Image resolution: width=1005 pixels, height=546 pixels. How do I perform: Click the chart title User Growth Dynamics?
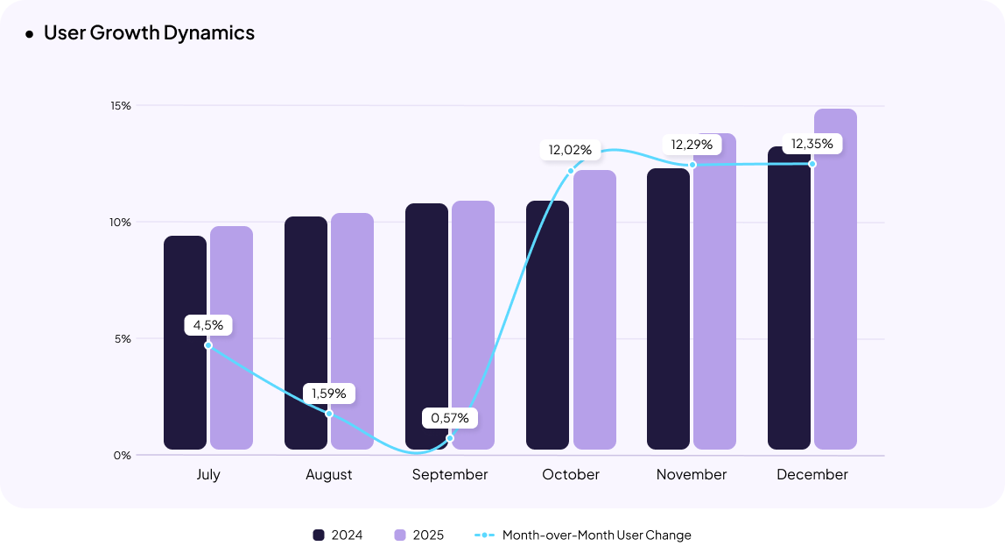(x=149, y=33)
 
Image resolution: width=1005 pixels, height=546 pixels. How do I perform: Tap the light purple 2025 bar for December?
(x=835, y=280)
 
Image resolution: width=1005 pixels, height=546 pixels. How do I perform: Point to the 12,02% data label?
(x=570, y=150)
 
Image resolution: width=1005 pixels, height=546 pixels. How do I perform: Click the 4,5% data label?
(x=208, y=325)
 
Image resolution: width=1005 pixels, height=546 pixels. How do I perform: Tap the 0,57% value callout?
(x=450, y=418)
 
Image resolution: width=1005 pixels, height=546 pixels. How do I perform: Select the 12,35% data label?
(x=812, y=144)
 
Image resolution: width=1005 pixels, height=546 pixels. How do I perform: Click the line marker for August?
(x=329, y=414)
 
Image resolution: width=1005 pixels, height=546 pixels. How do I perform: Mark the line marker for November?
(x=692, y=165)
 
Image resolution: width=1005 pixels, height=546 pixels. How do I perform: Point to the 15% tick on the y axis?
(x=120, y=106)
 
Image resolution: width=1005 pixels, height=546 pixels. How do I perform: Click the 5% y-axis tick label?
(x=122, y=338)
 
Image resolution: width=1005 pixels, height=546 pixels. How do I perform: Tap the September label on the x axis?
(x=450, y=474)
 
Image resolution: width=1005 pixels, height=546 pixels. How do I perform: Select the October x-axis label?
(x=571, y=474)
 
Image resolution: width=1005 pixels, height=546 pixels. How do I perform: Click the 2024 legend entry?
(x=338, y=535)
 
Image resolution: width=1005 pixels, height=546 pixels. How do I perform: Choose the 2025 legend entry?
(x=419, y=535)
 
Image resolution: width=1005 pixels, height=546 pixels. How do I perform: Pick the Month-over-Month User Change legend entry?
(x=583, y=535)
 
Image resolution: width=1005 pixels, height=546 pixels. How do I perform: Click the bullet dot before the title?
(x=29, y=34)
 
